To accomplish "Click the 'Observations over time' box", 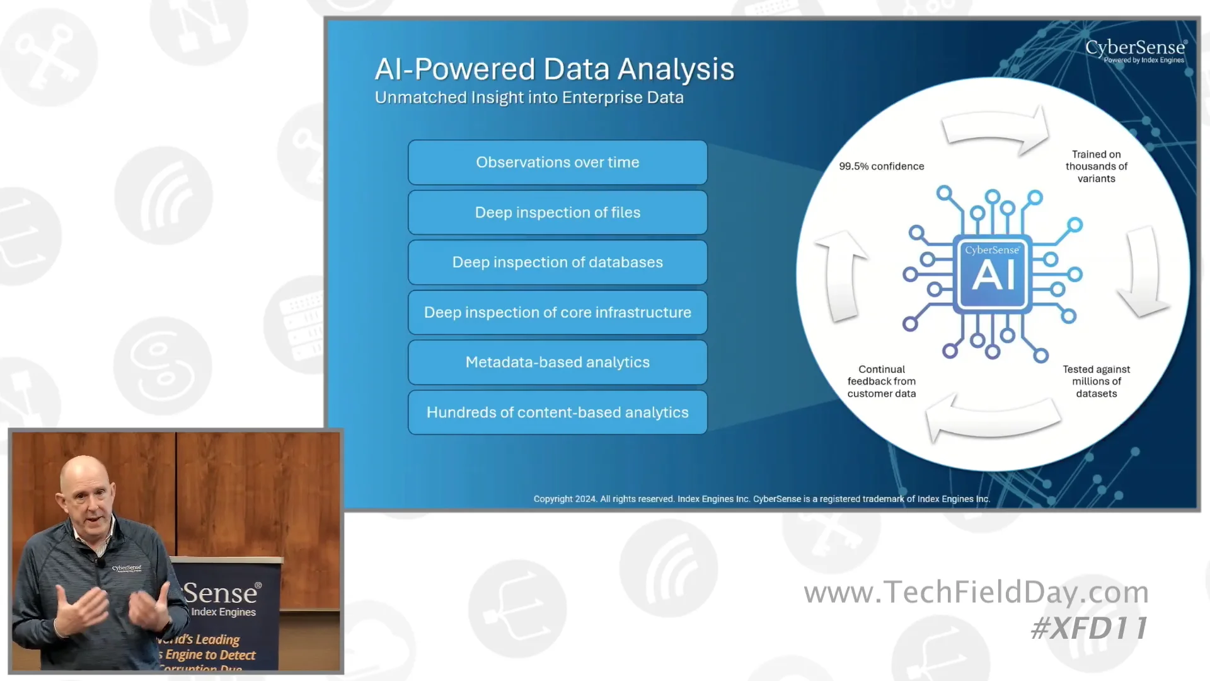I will [557, 162].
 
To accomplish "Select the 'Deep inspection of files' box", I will [557, 212].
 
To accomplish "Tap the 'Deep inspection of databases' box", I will [557, 262].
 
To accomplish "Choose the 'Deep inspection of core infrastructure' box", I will [557, 312].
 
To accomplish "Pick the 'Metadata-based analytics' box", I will [557, 362].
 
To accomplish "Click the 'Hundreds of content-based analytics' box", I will [557, 412].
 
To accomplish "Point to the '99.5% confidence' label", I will [881, 166].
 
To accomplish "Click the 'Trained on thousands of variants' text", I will [1096, 166].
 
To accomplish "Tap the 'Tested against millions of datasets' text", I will [1096, 381].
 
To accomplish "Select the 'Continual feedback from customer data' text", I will [881, 381].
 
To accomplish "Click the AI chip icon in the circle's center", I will [993, 274].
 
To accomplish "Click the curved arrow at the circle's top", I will [996, 129].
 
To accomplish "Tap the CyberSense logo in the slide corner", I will [1136, 50].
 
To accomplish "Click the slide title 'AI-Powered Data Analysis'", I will [554, 69].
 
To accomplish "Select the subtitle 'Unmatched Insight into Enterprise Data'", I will [529, 98].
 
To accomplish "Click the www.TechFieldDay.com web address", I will [976, 592].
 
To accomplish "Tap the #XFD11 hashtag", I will [1090, 628].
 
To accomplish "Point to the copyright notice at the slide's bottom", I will [761, 499].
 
